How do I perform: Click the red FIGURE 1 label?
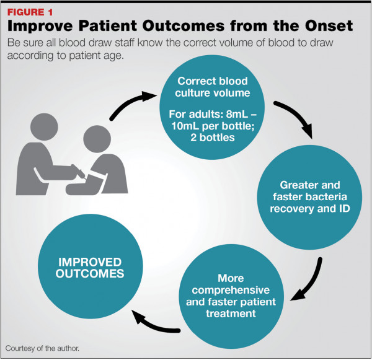(x=30, y=12)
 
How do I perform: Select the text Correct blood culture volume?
(x=212, y=87)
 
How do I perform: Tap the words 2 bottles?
(x=213, y=138)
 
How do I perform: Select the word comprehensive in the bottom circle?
(x=231, y=290)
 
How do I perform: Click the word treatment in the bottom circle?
(x=231, y=314)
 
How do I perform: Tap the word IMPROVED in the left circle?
(x=90, y=262)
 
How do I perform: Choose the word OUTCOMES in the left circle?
(x=90, y=273)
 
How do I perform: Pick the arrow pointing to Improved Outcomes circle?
(x=152, y=325)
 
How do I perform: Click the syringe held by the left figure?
(x=78, y=171)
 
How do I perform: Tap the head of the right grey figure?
(x=97, y=139)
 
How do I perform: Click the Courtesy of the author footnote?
(x=42, y=348)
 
